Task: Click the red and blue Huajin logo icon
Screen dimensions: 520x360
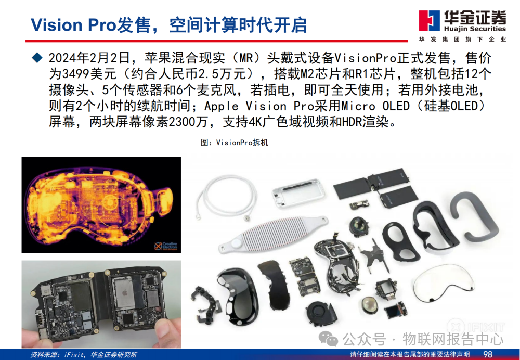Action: [x=429, y=20]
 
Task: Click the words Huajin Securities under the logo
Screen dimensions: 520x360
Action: [x=475, y=29]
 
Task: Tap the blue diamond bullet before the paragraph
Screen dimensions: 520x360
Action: [x=37, y=58]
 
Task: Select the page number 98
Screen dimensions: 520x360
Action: [x=488, y=354]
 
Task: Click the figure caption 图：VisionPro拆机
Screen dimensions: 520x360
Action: [x=234, y=143]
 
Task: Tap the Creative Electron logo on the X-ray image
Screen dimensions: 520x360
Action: [x=166, y=246]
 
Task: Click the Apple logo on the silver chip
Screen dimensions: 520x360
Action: [x=125, y=293]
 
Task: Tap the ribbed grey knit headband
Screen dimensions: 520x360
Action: [x=273, y=233]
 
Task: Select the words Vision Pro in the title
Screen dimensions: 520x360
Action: [x=73, y=25]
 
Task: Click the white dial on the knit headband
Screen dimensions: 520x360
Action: [x=236, y=243]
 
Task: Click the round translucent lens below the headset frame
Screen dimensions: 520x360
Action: [x=369, y=305]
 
